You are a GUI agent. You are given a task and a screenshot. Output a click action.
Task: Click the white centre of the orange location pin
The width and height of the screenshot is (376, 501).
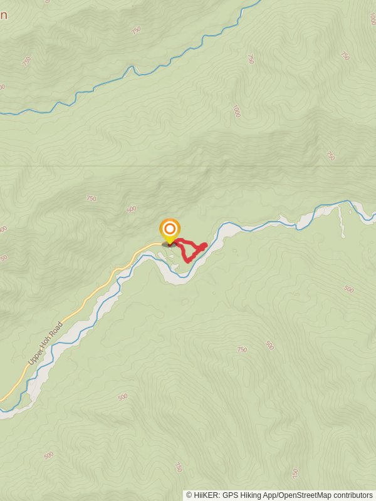[x=170, y=229]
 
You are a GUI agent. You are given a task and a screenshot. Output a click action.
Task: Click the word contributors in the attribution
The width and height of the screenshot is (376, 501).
[x=352, y=495]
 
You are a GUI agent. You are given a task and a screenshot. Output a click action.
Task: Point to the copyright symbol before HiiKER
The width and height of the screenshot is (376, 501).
[x=189, y=495]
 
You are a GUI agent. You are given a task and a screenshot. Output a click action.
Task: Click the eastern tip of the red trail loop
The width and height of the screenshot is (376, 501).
[x=205, y=245]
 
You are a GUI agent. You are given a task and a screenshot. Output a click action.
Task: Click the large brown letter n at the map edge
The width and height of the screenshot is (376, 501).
[x=3, y=16]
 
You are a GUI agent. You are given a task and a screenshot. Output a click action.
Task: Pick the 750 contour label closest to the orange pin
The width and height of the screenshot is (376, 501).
[x=91, y=199]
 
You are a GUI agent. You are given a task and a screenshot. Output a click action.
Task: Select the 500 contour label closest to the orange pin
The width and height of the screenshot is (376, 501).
[x=131, y=209]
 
